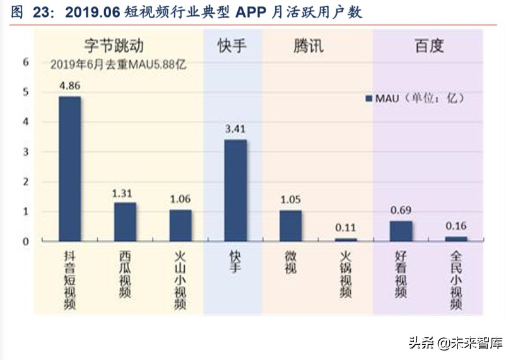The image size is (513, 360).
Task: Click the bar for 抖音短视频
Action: pyautogui.click(x=69, y=168)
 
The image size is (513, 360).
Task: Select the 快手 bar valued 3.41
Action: pyautogui.click(x=235, y=190)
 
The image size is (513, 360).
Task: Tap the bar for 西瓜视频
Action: pyautogui.click(x=125, y=221)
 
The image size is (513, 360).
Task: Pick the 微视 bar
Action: pyautogui.click(x=290, y=225)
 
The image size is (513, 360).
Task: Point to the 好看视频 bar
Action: pyautogui.click(x=401, y=231)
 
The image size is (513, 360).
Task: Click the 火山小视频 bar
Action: pyautogui.click(x=180, y=225)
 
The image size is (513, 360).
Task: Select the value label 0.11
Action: pyautogui.click(x=346, y=227)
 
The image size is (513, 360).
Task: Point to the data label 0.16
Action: pyautogui.click(x=456, y=226)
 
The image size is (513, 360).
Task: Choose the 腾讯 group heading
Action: pyautogui.click(x=308, y=46)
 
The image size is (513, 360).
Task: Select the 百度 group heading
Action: pyautogui.click(x=429, y=46)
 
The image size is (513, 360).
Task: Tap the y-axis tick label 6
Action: pyautogui.click(x=26, y=62)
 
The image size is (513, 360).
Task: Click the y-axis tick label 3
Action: pyautogui.click(x=26, y=152)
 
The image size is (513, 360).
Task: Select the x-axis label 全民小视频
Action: pyautogui.click(x=456, y=280)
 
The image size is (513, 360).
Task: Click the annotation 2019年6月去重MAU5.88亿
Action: pyautogui.click(x=118, y=64)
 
